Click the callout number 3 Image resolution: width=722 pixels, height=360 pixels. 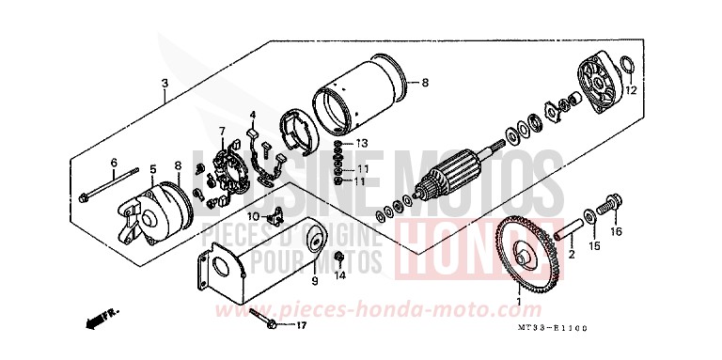[x=165, y=82]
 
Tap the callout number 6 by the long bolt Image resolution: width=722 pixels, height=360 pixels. [x=113, y=163]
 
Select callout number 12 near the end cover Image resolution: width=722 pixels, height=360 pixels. [x=631, y=90]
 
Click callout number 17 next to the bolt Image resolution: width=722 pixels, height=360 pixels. [x=302, y=326]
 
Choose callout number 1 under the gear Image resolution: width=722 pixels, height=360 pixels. [x=516, y=304]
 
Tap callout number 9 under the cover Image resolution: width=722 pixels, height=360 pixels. [x=314, y=278]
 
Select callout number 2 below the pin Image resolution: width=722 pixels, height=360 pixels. [x=570, y=254]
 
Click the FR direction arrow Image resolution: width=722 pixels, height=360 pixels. [x=94, y=321]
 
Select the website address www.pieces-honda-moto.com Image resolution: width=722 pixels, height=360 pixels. [x=405, y=309]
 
